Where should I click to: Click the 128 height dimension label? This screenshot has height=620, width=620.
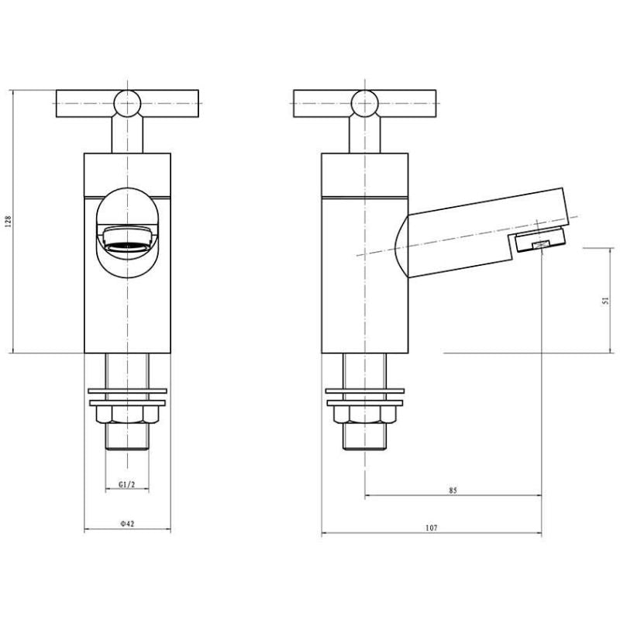[8, 222]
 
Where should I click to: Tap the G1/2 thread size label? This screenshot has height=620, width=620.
[127, 484]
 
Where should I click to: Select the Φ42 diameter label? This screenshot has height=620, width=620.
[127, 524]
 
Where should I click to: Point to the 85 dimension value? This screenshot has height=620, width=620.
[453, 491]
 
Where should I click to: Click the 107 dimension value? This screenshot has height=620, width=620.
[432, 528]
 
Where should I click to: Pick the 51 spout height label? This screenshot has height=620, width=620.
[605, 301]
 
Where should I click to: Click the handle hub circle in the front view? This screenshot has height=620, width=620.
[127, 104]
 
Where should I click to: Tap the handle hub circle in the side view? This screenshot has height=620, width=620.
[364, 104]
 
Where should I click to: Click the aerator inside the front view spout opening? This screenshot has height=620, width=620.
[127, 239]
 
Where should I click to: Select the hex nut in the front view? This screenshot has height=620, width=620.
[127, 415]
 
